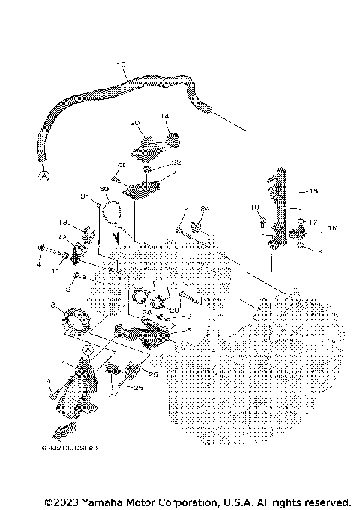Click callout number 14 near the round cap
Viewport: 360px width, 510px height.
click(x=165, y=116)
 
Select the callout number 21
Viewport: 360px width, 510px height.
click(x=177, y=173)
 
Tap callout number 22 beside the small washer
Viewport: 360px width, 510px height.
click(x=176, y=163)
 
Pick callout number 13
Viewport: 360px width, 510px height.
click(x=64, y=222)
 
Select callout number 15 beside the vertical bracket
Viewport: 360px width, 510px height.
click(x=313, y=190)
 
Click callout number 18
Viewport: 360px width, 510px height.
click(x=319, y=252)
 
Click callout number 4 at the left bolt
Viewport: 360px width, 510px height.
click(x=40, y=263)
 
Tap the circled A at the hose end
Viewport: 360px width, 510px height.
click(x=43, y=175)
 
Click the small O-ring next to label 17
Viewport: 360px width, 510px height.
click(x=301, y=221)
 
